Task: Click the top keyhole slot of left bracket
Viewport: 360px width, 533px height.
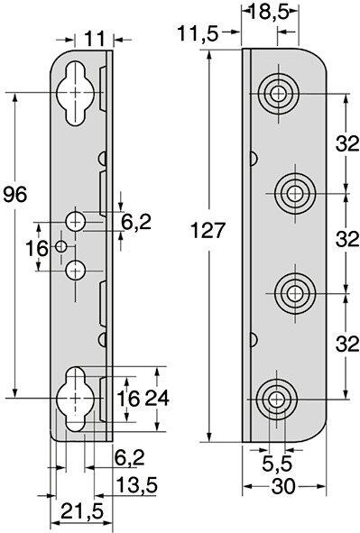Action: click(x=71, y=91)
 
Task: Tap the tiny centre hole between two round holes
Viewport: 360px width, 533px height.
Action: click(x=61, y=244)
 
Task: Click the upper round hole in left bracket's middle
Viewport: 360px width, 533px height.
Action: click(x=77, y=220)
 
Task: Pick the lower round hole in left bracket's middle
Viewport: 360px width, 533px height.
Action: click(x=77, y=268)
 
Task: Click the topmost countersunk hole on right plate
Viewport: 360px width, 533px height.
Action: click(x=276, y=91)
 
